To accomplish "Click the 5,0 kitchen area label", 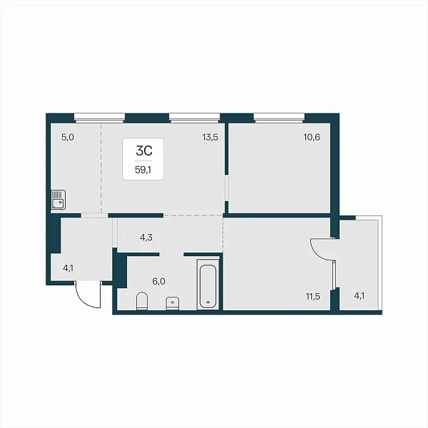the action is [x=68, y=137].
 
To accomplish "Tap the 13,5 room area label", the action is [x=210, y=137].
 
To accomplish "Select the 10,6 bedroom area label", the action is [x=312, y=137].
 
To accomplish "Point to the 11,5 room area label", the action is [x=313, y=297].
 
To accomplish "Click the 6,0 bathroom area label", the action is [x=159, y=282].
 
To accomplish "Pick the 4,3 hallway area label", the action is [x=146, y=238].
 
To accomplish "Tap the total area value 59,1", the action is [x=143, y=170].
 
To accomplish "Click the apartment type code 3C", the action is [x=144, y=151].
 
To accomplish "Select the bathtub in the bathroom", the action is [x=208, y=285].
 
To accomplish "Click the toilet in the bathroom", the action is [x=142, y=301].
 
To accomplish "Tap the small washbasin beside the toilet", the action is [x=173, y=303].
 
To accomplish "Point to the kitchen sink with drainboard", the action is [x=58, y=200].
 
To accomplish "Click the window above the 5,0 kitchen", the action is [x=99, y=117].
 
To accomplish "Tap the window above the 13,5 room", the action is [x=194, y=117].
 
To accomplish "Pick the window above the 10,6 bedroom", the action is [x=279, y=117].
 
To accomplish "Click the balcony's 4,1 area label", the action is [x=360, y=296].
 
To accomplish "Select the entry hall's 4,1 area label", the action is [x=68, y=268].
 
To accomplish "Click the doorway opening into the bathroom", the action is [x=171, y=255].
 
